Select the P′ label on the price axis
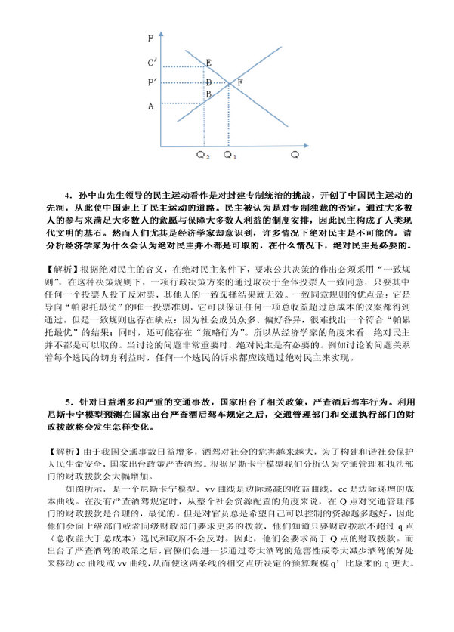[153, 82]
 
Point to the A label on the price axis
[151, 106]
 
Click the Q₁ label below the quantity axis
[230, 155]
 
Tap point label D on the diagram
[208, 82]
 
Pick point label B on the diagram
[208, 94]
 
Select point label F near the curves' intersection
[239, 82]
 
